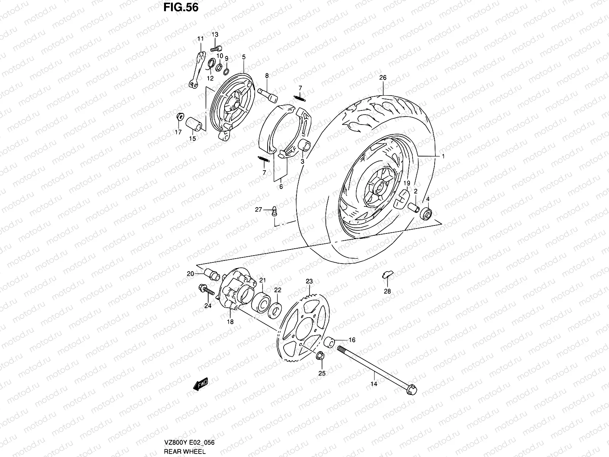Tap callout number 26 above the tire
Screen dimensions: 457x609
(383, 78)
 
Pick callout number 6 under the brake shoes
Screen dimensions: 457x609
(281, 187)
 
